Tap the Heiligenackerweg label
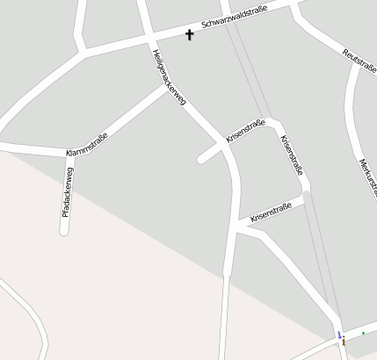point(169,78)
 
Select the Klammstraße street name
point(87,145)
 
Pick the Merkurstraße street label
point(368,176)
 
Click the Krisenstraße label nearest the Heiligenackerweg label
point(245,133)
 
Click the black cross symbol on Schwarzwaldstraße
point(189,34)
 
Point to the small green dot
point(363,334)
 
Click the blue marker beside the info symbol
point(339,335)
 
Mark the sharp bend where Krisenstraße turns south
point(275,122)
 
